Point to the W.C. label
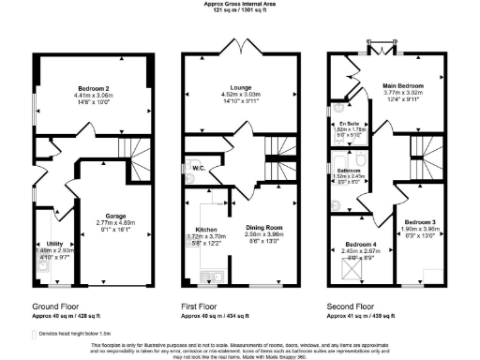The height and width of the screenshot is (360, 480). [x=200, y=169]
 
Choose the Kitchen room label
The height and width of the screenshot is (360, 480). [x=206, y=229]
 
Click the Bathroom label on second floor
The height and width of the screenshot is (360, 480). [x=350, y=171]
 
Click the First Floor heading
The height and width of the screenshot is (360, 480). [x=201, y=306]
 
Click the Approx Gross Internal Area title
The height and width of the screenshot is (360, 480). [x=240, y=4]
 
